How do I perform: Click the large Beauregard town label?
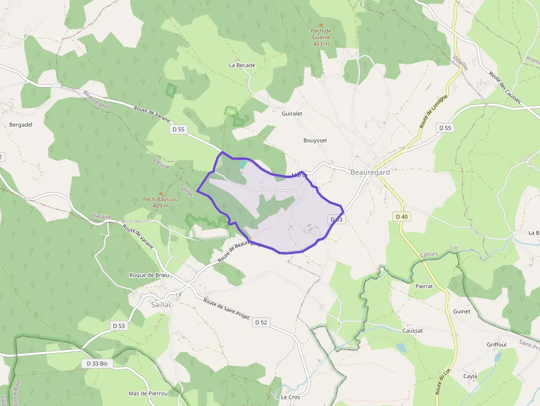(370, 172)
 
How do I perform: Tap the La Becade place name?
(242, 66)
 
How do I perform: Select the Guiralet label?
(292, 114)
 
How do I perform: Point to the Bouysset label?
(315, 140)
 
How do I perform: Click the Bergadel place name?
(21, 124)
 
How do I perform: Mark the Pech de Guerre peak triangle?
(321, 25)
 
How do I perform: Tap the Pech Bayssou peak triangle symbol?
(161, 193)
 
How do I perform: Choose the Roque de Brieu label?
(149, 275)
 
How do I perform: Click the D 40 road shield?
(402, 216)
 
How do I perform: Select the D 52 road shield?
(261, 322)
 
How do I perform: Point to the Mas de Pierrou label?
(148, 393)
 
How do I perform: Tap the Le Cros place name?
(290, 397)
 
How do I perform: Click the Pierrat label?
(424, 287)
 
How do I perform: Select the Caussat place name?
(413, 331)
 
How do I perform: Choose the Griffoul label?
(496, 345)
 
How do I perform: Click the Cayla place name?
(470, 376)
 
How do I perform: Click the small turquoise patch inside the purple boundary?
(242, 164)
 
